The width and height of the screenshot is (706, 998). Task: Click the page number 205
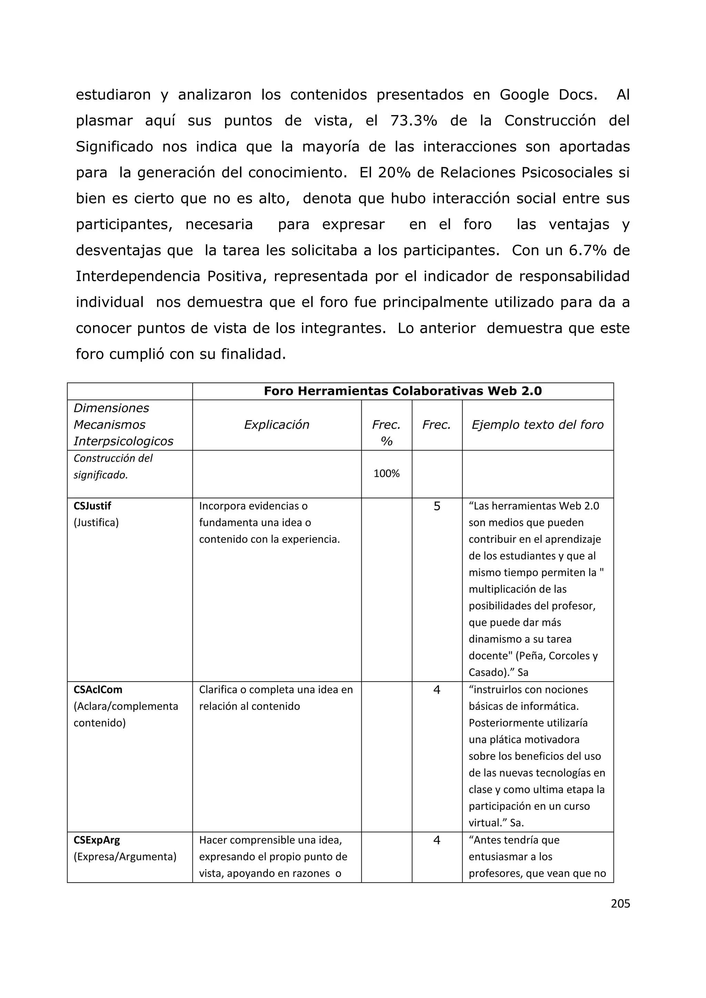pos(621,903)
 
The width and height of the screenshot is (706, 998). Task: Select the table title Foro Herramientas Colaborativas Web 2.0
pos(403,391)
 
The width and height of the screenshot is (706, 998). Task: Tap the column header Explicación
pos(276,425)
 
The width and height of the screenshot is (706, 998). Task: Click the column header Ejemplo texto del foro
pos(537,425)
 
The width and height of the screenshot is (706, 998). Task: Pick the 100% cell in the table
pos(386,474)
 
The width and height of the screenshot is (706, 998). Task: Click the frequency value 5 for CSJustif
pos(437,506)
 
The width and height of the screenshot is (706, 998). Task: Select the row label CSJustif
pos(92,506)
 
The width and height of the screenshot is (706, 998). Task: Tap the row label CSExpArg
pos(97,840)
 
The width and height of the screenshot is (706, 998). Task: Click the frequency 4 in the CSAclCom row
pos(437,690)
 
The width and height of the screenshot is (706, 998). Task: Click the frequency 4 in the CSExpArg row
pos(437,840)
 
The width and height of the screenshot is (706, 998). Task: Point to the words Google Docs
pos(548,95)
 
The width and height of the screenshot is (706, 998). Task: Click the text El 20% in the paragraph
pos(385,173)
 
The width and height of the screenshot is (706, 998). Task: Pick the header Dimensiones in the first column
pos(111,408)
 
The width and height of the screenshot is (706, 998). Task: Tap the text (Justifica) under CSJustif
pos(96,522)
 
